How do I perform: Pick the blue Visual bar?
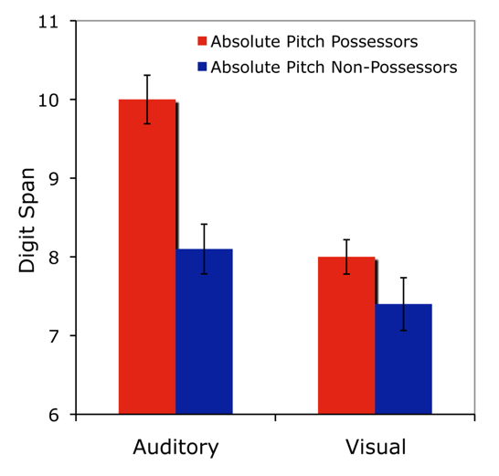(x=403, y=361)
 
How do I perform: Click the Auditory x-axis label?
(x=175, y=448)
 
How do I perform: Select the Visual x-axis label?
(x=375, y=448)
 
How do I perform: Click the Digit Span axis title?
(x=28, y=219)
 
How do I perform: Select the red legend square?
(x=202, y=42)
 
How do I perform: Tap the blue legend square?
(x=202, y=67)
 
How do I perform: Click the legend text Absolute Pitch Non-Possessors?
(x=334, y=67)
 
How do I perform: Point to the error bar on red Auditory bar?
(x=147, y=99)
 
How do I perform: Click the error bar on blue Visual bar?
(x=403, y=303)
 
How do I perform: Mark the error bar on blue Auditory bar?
(x=204, y=249)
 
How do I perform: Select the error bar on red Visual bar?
(x=346, y=257)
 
